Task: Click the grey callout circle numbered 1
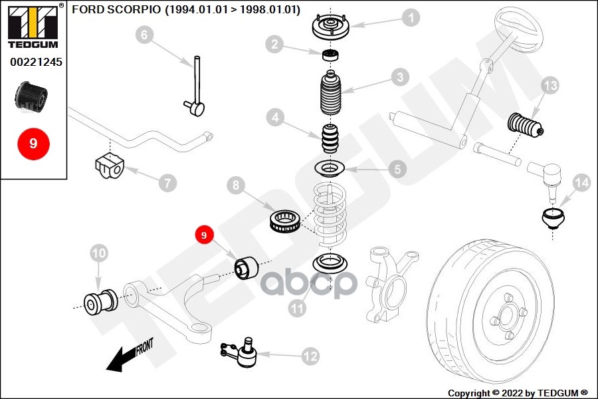pyautogui.click(x=412, y=17)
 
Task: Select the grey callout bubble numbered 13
pyautogui.click(x=550, y=85)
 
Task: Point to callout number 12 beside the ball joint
pyautogui.click(x=310, y=356)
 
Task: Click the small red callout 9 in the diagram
pyautogui.click(x=204, y=235)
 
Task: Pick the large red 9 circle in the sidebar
pyautogui.click(x=33, y=142)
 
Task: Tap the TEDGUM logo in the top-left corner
pyautogui.click(x=33, y=27)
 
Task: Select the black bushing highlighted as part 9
pyautogui.click(x=247, y=267)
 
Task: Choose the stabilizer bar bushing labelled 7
pyautogui.click(x=107, y=165)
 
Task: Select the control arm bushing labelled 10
pyautogui.click(x=99, y=303)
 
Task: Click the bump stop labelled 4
pyautogui.click(x=331, y=138)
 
